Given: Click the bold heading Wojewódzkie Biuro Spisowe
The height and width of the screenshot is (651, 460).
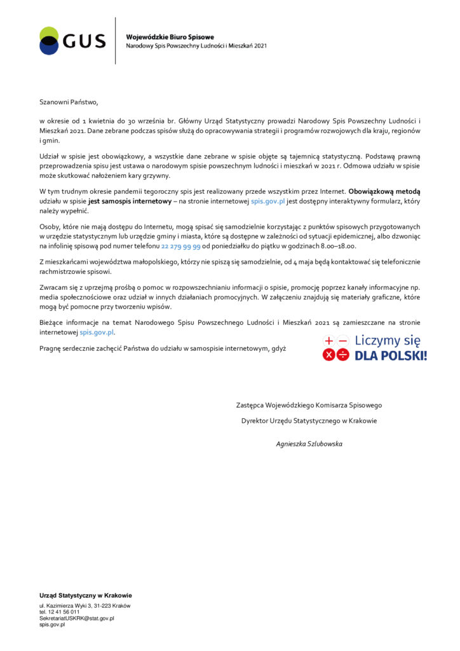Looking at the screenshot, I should (x=170, y=37).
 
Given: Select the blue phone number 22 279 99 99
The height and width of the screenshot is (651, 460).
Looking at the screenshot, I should (x=181, y=245).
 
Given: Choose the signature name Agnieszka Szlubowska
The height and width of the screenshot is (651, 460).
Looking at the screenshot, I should (x=309, y=444).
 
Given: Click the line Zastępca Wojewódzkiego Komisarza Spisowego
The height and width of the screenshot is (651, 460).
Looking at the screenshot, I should (x=309, y=405).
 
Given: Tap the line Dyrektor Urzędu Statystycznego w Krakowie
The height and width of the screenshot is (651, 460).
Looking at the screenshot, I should (x=309, y=420).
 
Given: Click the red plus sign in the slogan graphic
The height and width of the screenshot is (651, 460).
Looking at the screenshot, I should (x=328, y=341).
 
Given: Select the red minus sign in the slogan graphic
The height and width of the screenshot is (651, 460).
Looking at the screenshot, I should (x=343, y=341).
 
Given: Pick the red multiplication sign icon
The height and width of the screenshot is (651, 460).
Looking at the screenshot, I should (x=328, y=355).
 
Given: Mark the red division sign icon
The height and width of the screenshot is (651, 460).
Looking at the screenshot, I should (x=343, y=355).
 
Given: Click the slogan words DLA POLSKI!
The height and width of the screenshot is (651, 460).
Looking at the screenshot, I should (x=390, y=355).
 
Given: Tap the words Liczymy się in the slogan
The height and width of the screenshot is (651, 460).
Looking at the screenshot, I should (x=388, y=340).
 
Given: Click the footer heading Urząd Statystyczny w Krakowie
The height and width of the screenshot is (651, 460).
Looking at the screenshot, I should (x=86, y=595).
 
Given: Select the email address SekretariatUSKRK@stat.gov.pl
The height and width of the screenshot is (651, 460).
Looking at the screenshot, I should (x=76, y=618).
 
